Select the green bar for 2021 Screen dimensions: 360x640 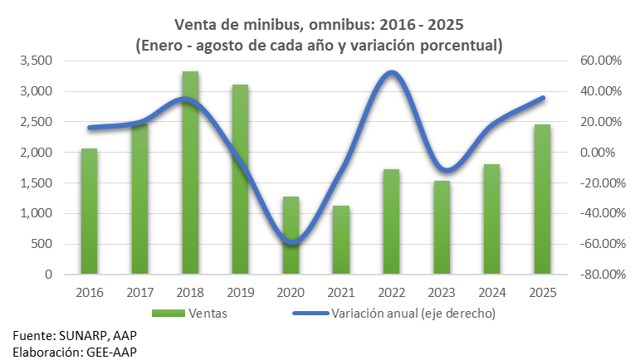[x=341, y=240]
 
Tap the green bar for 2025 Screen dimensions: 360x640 [x=542, y=199]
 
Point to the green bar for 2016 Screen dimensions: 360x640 [x=89, y=211]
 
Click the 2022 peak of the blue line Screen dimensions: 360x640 [x=391, y=73]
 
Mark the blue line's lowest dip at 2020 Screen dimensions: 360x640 [x=291, y=243]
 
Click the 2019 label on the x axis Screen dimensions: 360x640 [x=241, y=292]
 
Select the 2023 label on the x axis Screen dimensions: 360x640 [x=442, y=292]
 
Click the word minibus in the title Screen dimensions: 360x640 [x=251, y=24]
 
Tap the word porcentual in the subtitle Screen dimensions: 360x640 [x=458, y=45]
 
